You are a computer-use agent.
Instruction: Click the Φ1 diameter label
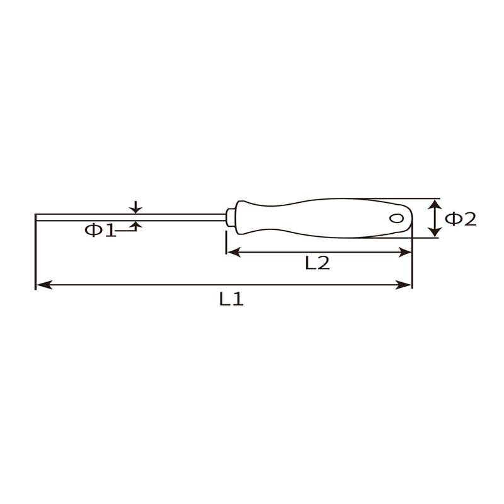coord(100,230)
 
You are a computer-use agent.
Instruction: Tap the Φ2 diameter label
coord(461,219)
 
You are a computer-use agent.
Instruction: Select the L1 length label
coord(231,299)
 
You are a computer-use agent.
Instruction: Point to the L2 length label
coord(318,263)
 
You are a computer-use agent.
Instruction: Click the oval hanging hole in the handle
coord(396,218)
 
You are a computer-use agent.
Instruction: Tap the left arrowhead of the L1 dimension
coord(44,285)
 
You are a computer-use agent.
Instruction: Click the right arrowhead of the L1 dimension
coord(403,285)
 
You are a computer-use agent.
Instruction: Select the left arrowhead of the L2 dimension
coord(234,253)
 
